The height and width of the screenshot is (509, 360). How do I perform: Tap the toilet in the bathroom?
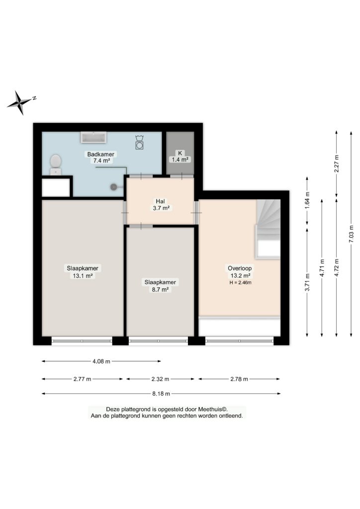[x=56, y=165]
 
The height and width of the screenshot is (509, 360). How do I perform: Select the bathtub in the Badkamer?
[x=94, y=137]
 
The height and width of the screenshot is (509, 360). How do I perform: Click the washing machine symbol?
[x=140, y=142]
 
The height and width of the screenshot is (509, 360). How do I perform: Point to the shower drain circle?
[x=114, y=187]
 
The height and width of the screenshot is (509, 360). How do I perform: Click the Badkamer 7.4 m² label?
[x=100, y=158]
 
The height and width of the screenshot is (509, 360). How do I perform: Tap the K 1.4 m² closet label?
[x=180, y=157]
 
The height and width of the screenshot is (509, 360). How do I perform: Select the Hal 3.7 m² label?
[x=161, y=205]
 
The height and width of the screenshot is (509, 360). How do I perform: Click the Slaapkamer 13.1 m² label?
[x=83, y=272]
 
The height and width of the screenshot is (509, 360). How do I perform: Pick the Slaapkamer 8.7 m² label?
[x=160, y=286]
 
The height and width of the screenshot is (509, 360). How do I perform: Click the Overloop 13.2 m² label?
[x=240, y=272]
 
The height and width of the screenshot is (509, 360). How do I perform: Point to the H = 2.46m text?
[x=240, y=282]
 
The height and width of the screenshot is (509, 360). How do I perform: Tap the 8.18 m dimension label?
[x=161, y=394]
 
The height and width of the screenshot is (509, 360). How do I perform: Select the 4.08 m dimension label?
[x=101, y=361]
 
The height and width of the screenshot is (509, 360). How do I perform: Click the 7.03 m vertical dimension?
[x=351, y=234]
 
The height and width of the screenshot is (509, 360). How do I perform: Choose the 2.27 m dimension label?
[x=336, y=164]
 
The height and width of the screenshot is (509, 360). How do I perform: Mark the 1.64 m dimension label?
[x=307, y=201]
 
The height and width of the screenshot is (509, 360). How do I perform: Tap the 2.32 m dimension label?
[x=161, y=379]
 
